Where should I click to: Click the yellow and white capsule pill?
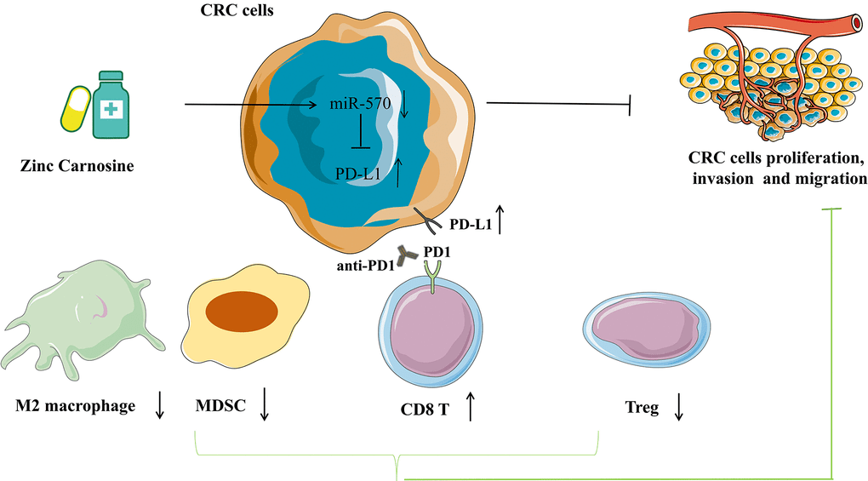pos(75,109)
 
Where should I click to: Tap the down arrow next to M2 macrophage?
pos(159,406)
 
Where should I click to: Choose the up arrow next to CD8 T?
pos(470,408)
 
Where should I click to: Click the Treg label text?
pos(642,409)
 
